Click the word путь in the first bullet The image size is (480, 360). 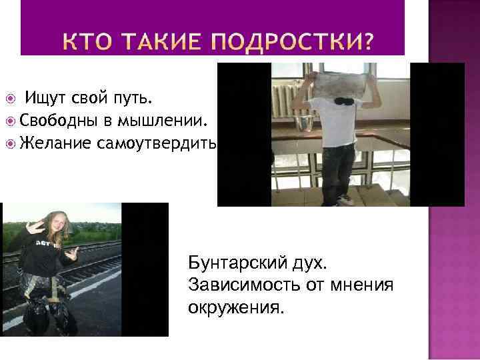click(135, 100)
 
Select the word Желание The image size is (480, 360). click(56, 143)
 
